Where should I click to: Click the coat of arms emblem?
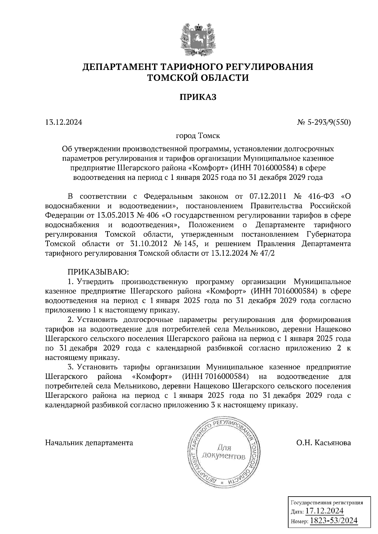pos(198,39)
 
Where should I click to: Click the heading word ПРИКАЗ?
pos(198,97)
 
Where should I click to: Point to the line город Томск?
pos(198,136)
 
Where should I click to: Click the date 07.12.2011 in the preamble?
pos(268,197)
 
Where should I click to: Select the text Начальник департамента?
pos(89,443)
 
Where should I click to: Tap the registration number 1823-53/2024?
pos(334,521)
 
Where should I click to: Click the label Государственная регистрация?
pos(326,502)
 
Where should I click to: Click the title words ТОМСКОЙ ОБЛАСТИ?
pos(198,78)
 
